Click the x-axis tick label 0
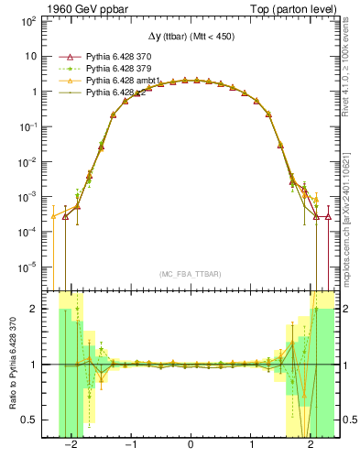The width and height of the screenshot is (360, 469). [x=191, y=446]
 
